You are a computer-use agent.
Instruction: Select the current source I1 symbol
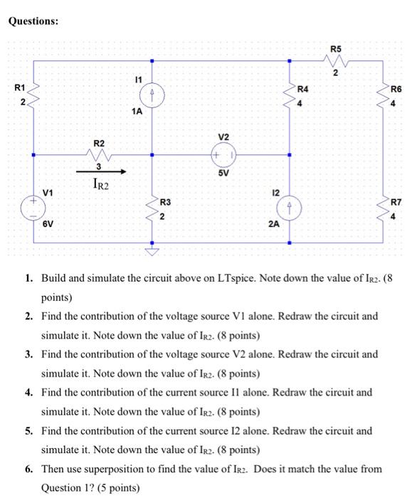[151, 95]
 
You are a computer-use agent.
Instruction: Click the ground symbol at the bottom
[151, 250]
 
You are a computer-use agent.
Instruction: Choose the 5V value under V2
[223, 172]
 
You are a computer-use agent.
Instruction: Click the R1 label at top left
[20, 88]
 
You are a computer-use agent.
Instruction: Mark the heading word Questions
[33, 21]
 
